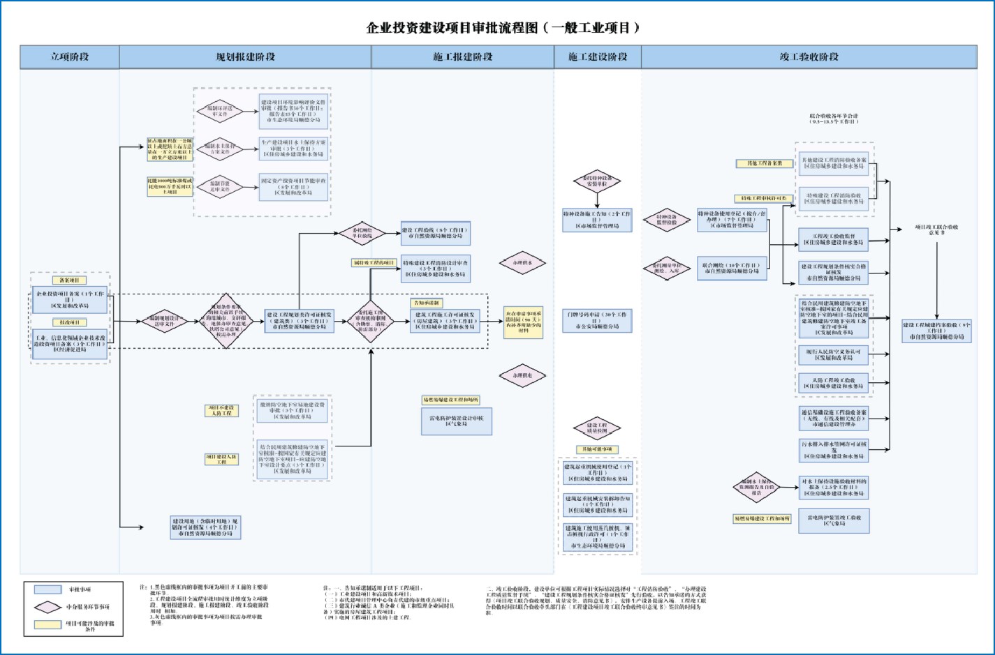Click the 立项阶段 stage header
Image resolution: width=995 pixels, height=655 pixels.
[70, 57]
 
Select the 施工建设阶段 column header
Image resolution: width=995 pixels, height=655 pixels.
[598, 57]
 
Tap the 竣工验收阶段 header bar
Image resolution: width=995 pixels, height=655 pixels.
[809, 57]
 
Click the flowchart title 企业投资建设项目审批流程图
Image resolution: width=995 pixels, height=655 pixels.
[503, 28]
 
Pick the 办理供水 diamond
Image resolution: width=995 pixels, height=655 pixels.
[522, 263]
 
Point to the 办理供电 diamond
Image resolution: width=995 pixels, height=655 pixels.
[522, 375]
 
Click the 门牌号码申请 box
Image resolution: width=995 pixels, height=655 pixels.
[597, 320]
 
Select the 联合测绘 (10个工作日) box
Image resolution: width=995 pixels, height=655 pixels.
[732, 268]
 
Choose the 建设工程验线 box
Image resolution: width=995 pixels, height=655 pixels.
[436, 233]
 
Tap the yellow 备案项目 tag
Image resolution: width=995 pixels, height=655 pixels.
[69, 280]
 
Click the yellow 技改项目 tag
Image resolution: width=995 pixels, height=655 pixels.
[69, 322]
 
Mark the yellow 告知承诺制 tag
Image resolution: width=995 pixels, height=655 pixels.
[426, 303]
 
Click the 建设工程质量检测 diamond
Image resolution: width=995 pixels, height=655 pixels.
[597, 428]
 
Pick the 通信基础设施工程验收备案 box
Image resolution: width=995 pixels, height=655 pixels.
[834, 418]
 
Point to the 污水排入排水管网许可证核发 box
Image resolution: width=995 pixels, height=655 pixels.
[834, 450]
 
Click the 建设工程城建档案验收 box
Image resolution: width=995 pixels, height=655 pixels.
[936, 331]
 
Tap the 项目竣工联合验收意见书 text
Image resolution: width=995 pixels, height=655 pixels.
[936, 229]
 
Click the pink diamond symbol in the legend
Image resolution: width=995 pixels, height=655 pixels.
[47, 607]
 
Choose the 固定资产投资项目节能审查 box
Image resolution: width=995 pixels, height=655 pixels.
[293, 187]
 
